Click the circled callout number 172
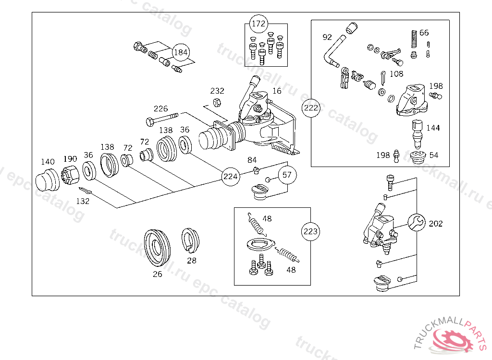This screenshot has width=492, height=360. tap(258, 24)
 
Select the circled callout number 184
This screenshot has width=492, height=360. tap(181, 52)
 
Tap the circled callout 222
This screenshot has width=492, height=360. tap(311, 108)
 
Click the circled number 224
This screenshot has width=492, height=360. tap(230, 177)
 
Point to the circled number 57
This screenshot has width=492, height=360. tap(287, 175)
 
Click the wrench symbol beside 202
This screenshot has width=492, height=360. tap(417, 223)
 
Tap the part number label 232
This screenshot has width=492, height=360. tap(217, 91)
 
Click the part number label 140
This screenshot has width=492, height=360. tap(48, 162)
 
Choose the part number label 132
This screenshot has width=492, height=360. tap(83, 201)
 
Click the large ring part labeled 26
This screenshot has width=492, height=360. tap(157, 248)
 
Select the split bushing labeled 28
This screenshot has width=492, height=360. tap(191, 240)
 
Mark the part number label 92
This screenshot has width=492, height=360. tap(327, 37)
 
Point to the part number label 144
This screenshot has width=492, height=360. tap(433, 128)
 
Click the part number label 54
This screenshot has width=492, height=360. tap(434, 155)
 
